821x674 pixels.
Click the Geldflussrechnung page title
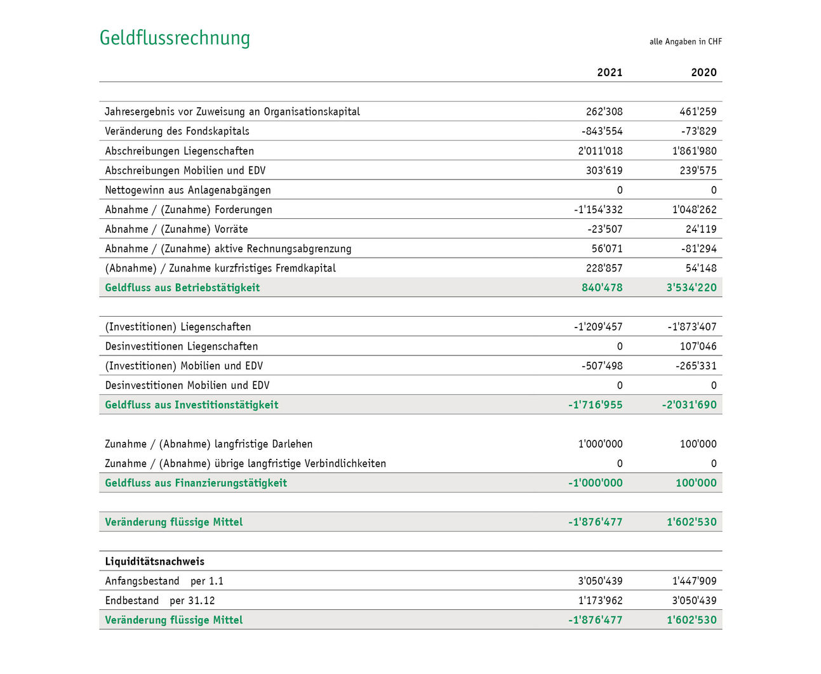[x=175, y=38]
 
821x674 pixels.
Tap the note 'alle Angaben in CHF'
[x=685, y=42]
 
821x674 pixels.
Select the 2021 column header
[x=610, y=72]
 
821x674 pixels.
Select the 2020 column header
[x=704, y=72]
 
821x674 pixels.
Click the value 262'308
[x=604, y=112]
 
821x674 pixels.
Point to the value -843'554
[x=602, y=131]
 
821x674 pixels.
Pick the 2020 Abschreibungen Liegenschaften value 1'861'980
[x=694, y=151]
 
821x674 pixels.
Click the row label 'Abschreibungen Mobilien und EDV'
[x=185, y=171]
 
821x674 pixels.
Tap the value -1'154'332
[x=598, y=209]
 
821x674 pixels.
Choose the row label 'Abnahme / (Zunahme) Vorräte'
[x=176, y=229]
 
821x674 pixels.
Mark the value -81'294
[x=698, y=249]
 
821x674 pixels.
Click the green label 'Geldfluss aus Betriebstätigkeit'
[x=182, y=287]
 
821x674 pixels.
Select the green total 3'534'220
[x=691, y=287]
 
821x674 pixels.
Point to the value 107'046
[x=698, y=347]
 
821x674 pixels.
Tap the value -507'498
[x=602, y=366]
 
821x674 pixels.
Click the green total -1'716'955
[x=595, y=405]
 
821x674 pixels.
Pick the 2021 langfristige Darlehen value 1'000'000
[x=600, y=444]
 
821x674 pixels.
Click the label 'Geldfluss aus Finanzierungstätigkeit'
[x=196, y=483]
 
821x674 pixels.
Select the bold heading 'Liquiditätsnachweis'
[x=154, y=562]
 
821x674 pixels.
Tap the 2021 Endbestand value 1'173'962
[x=600, y=600]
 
